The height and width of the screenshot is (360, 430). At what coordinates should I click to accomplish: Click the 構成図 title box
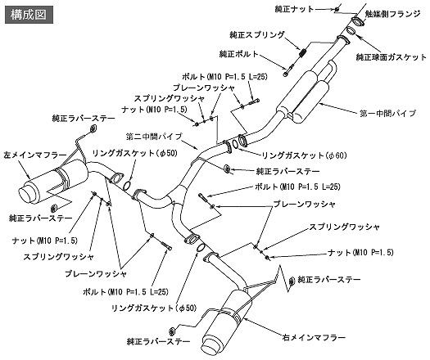click(29, 15)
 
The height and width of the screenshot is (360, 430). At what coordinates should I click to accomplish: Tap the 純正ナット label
click(294, 9)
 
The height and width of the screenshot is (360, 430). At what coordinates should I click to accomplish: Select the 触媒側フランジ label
click(392, 14)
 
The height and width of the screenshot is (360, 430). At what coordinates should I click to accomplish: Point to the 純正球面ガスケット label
click(392, 57)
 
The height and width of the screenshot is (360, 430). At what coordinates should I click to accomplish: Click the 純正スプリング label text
click(257, 35)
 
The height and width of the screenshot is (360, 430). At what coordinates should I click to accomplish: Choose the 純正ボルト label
click(239, 54)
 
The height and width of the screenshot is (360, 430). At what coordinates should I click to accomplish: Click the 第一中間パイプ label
click(387, 113)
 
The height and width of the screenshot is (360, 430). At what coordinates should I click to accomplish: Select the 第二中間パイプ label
click(154, 136)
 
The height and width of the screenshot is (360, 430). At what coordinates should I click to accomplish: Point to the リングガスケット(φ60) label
click(305, 155)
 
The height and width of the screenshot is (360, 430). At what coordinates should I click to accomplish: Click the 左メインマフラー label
click(35, 155)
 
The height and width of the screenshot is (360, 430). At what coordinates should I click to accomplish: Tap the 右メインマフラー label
click(314, 337)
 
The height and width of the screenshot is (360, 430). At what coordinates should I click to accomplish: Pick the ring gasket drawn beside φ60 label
click(235, 144)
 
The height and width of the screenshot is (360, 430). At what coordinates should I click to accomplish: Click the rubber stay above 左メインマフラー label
click(93, 128)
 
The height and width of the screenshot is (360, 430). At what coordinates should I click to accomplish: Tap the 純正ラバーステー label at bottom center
click(159, 342)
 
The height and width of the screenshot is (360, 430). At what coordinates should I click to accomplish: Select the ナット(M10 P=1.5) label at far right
click(360, 252)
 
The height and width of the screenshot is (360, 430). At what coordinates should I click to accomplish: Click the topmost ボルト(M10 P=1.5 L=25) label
click(224, 76)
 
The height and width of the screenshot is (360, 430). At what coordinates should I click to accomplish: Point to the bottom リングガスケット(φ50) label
click(154, 308)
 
